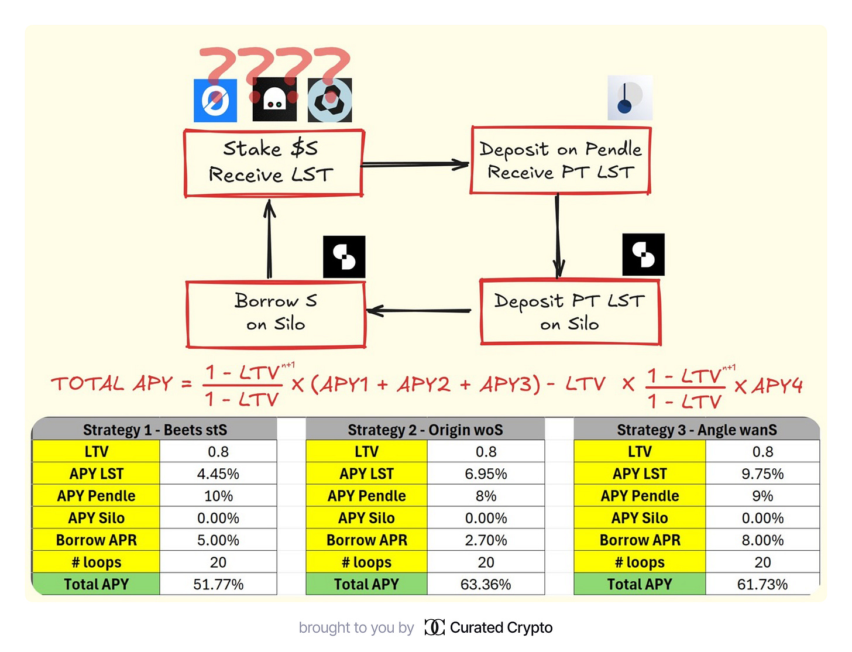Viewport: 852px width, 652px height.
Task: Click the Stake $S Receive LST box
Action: coord(273,163)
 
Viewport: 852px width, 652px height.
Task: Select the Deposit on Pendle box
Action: coord(560,160)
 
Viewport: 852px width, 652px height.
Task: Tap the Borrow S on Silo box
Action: coord(276,314)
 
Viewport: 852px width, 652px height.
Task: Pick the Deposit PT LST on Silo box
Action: coord(570,313)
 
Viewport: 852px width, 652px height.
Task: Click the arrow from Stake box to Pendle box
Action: coord(415,164)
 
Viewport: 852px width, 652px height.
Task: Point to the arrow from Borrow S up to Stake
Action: coord(269,240)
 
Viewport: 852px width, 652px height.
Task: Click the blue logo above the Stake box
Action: coord(215,100)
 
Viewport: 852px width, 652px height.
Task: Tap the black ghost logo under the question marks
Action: coord(274,100)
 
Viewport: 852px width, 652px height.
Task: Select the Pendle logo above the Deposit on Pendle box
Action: coord(629,98)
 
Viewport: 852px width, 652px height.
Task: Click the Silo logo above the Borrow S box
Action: coord(344,257)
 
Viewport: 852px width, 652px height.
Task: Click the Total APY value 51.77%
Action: coord(218,584)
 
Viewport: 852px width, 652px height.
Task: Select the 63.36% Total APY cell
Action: coord(486,584)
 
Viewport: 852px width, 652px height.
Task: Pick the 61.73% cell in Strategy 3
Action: coord(762,584)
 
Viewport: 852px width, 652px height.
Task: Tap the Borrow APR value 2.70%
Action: coord(486,540)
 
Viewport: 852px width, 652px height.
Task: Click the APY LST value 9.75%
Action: coord(762,473)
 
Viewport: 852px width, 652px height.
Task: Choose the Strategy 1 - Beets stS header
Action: coord(154,430)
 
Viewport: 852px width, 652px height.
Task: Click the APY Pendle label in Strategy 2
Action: coord(366,496)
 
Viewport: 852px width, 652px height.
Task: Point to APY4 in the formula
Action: coord(777,386)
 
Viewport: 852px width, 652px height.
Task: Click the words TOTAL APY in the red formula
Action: coord(112,384)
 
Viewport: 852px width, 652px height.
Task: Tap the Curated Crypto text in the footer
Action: coord(501,627)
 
